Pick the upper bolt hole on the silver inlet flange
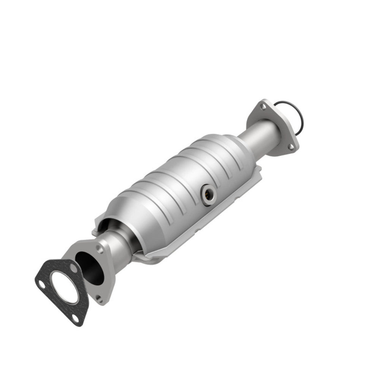pos(100,249)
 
